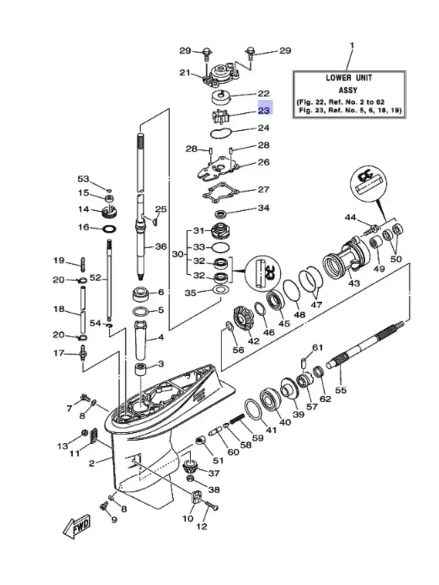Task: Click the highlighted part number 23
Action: [x=264, y=110]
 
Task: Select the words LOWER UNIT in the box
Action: [x=349, y=78]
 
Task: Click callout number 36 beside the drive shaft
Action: [x=161, y=247]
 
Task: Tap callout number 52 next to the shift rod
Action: [x=95, y=278]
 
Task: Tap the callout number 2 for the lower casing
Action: [x=92, y=463]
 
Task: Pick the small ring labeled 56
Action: [x=229, y=326]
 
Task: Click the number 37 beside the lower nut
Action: [x=213, y=473]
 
